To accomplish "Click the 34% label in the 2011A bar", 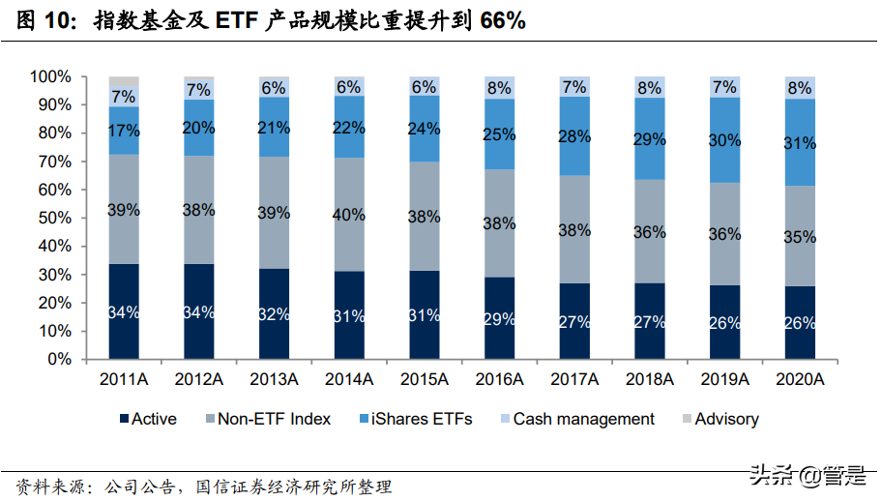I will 123,312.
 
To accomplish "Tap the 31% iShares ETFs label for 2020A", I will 799,143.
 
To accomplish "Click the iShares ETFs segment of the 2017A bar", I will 574,136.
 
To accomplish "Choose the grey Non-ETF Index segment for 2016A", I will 498,222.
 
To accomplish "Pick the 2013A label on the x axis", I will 276,378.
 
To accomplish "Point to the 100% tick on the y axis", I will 49,76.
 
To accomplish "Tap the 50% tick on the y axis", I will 53,218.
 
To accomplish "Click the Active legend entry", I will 146,419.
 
